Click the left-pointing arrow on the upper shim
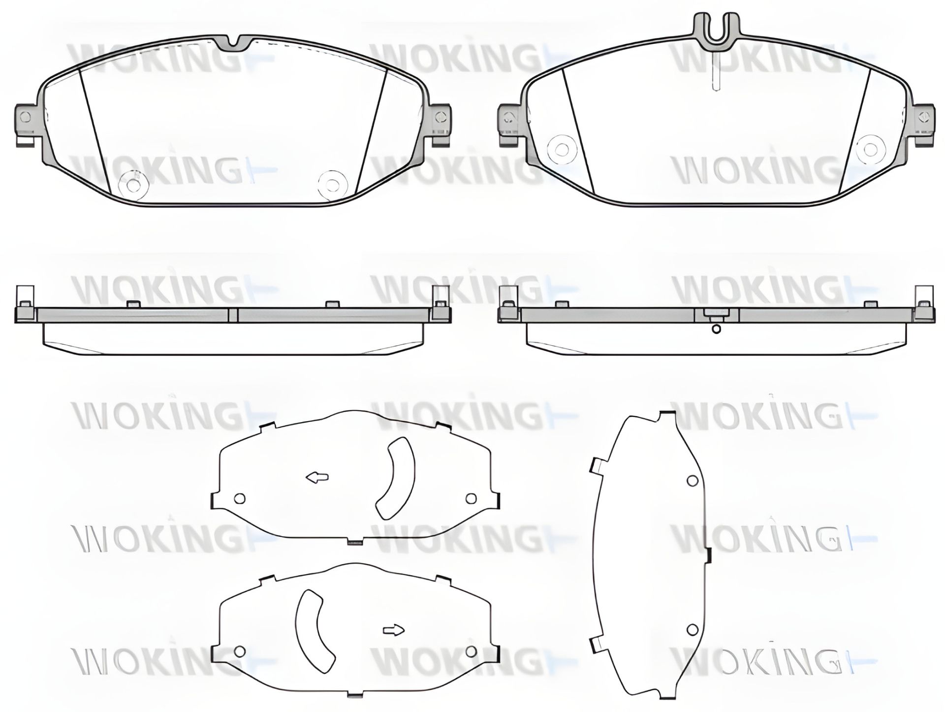[317, 477]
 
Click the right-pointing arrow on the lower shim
[393, 630]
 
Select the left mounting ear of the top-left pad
[26, 121]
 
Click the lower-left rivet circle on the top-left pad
[134, 185]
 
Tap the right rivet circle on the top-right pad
[870, 148]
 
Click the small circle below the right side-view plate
[717, 329]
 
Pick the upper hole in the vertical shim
[692, 480]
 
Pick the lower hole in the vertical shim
[692, 629]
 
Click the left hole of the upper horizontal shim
[240, 499]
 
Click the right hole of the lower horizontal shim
[471, 651]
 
